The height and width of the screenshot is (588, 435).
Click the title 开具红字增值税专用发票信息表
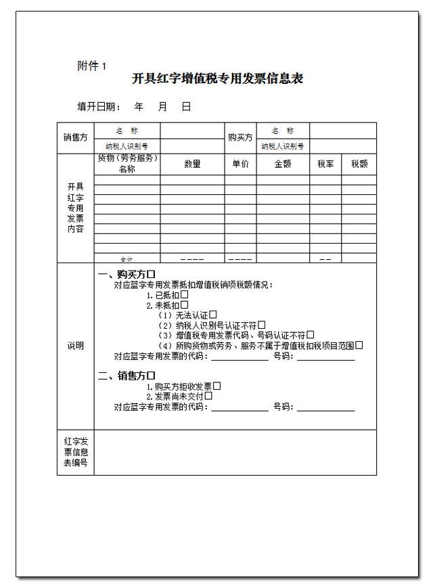[x=217, y=78]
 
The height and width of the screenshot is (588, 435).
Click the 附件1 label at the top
[x=91, y=66]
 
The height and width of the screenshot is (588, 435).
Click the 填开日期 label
[x=99, y=106]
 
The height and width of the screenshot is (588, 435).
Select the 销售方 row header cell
[x=75, y=137]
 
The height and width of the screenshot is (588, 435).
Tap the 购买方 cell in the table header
[x=240, y=137]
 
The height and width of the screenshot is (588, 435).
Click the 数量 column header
[x=192, y=164]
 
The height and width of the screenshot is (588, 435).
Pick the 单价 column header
[x=240, y=164]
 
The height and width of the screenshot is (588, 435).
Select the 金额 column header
[x=282, y=164]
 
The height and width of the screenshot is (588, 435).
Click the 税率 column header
[x=325, y=164]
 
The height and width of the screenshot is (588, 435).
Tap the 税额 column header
[x=359, y=164]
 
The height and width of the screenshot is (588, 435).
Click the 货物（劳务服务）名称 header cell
[x=127, y=164]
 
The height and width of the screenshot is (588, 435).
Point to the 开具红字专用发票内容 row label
[x=75, y=208]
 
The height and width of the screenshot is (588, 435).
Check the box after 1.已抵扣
[x=184, y=295]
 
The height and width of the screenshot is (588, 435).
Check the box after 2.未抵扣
[x=184, y=305]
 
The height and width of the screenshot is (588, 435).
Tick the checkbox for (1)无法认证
[x=212, y=315]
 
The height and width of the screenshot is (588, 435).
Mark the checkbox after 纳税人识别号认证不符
[x=261, y=325]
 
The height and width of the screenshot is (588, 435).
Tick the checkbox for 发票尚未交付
[x=208, y=396]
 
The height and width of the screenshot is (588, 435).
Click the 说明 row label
[x=75, y=346]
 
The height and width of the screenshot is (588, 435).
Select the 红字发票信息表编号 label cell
[x=75, y=453]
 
